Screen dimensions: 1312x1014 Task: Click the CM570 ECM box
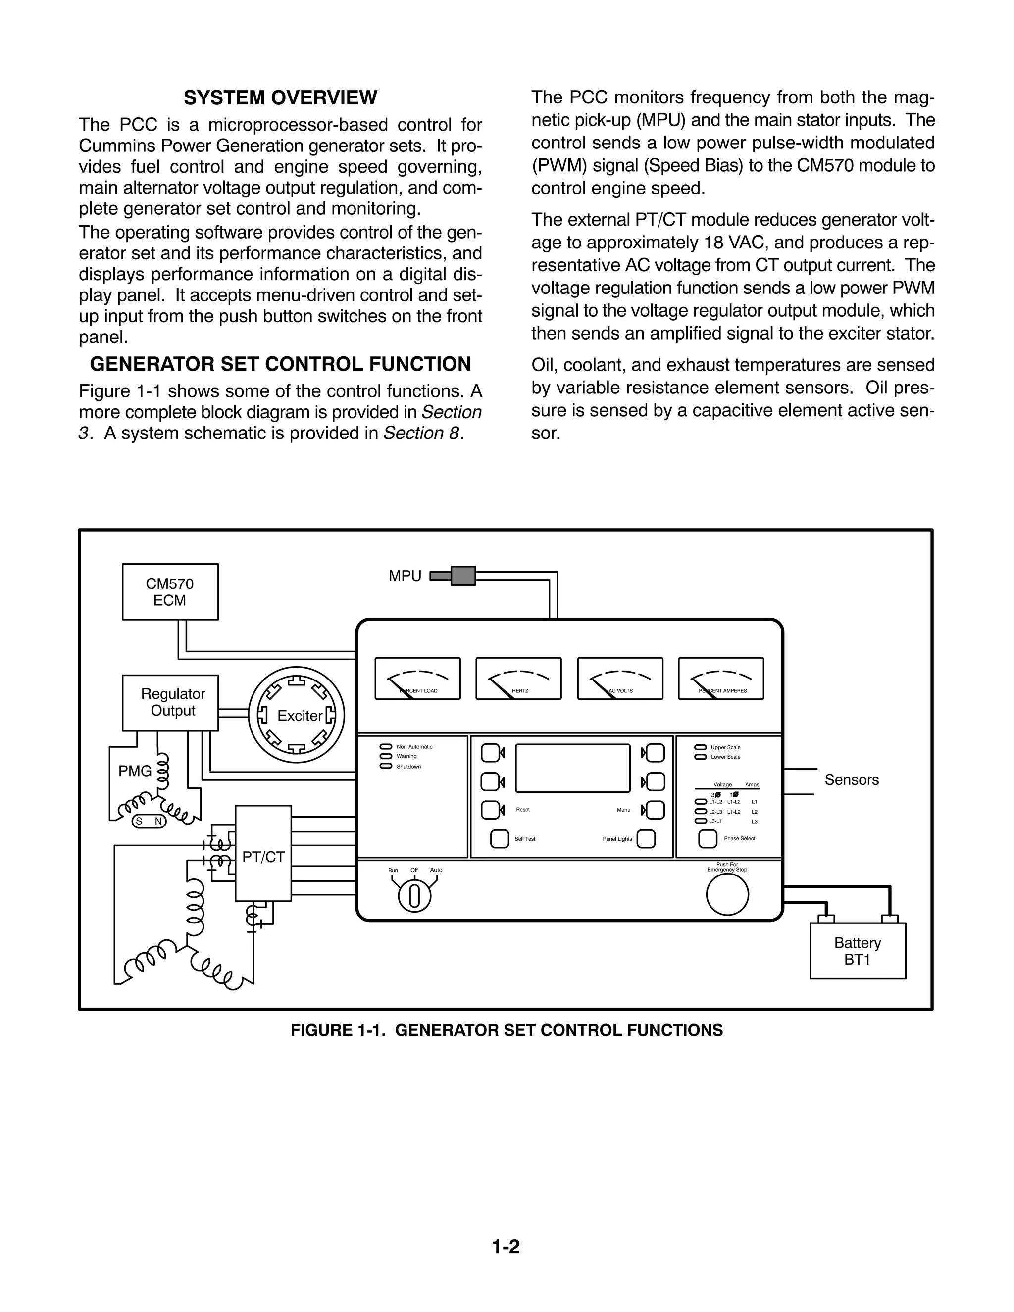point(170,592)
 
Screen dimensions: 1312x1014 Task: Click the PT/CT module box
point(263,853)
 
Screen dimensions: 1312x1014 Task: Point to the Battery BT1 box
point(858,951)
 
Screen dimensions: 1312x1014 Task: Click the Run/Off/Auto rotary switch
point(414,896)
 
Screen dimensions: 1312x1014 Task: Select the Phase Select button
point(708,839)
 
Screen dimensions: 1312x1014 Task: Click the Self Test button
point(500,839)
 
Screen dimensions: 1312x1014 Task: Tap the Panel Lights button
point(646,839)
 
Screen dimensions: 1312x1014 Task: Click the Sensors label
point(852,780)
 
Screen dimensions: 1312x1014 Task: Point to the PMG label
point(135,771)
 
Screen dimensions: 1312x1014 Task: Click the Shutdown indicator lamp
point(385,767)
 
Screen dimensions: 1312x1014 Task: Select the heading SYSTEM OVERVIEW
point(280,97)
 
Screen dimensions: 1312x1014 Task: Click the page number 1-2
point(506,1247)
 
